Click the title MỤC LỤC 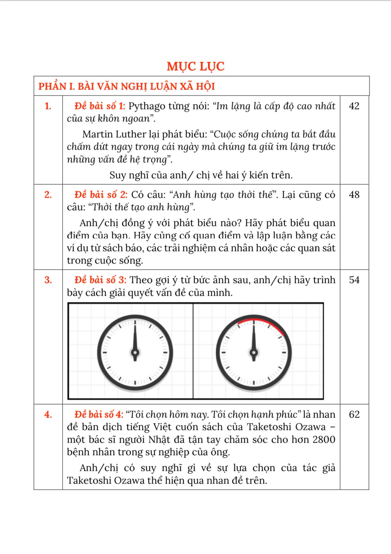click(x=195, y=66)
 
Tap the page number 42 click(x=354, y=106)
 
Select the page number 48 click(x=354, y=195)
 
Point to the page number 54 click(x=354, y=280)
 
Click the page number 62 click(x=354, y=414)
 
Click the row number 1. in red click(x=48, y=106)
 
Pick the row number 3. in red click(x=48, y=280)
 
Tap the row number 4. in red click(x=48, y=415)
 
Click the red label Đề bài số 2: click(x=101, y=195)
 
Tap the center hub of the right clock click(x=254, y=352)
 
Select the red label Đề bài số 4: click(x=99, y=414)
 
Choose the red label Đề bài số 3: click(x=100, y=280)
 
